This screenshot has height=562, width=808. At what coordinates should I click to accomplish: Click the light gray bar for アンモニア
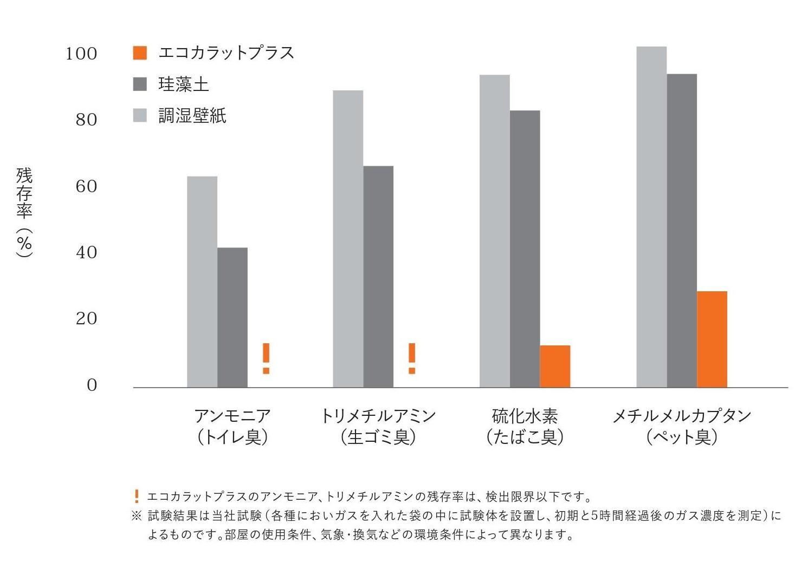click(202, 282)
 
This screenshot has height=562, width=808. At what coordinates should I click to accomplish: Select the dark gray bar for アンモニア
click(232, 317)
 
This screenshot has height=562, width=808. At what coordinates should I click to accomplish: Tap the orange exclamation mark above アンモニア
click(266, 358)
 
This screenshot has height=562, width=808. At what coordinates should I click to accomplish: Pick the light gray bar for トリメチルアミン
click(348, 239)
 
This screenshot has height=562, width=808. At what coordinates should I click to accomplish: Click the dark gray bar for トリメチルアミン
click(378, 277)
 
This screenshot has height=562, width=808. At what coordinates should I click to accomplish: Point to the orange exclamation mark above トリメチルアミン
click(412, 358)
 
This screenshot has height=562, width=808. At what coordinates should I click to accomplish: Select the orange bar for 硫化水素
click(555, 366)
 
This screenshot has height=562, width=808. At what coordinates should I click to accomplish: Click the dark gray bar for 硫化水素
click(525, 249)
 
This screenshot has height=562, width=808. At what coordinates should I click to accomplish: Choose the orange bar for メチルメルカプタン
click(712, 339)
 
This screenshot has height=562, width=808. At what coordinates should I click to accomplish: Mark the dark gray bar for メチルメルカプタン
click(681, 231)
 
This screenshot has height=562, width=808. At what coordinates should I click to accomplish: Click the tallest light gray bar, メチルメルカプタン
click(651, 217)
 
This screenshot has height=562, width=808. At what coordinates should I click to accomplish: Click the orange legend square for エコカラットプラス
click(140, 53)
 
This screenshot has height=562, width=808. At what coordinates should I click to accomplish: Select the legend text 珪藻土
click(183, 84)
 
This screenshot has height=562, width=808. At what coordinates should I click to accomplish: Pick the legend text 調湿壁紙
click(192, 115)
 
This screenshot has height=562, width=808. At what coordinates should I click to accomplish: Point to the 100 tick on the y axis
click(81, 54)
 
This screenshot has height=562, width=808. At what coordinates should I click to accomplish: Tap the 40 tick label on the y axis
click(86, 252)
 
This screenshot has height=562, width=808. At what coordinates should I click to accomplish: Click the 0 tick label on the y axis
click(92, 385)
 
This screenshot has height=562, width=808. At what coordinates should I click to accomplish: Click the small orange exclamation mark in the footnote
click(137, 496)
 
